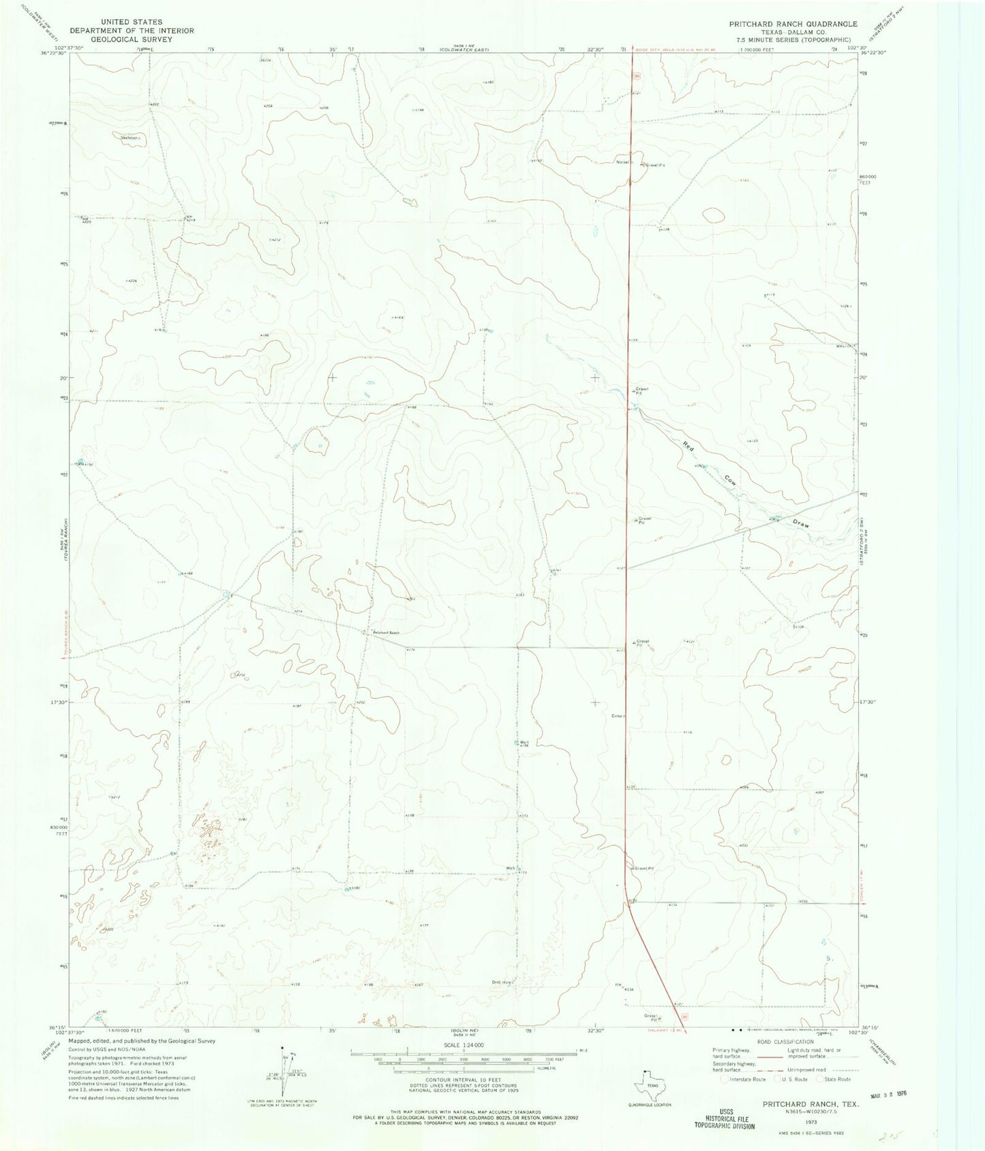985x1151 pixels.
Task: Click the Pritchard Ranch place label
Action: pyautogui.click(x=385, y=633)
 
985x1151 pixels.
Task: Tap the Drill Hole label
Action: pyautogui.click(x=502, y=982)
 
